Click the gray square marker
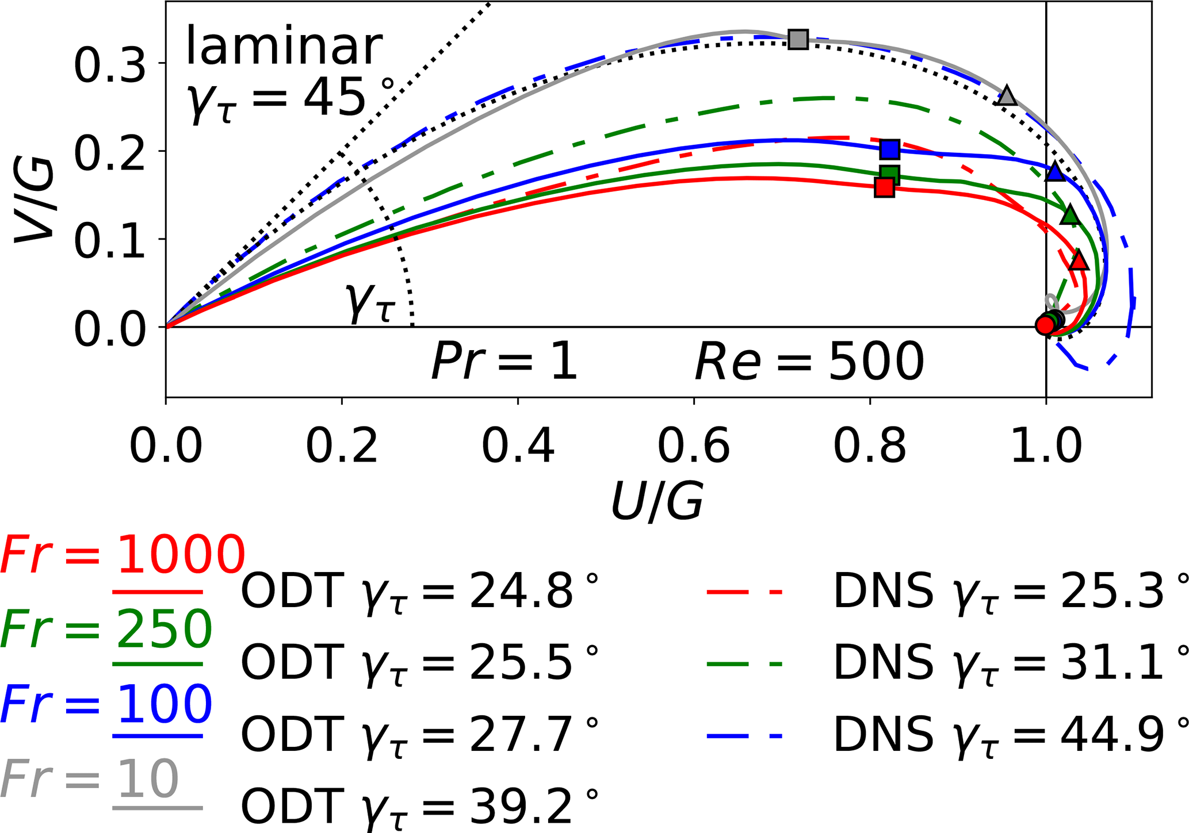(798, 40)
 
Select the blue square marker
(890, 149)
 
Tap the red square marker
(884, 187)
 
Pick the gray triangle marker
(1007, 96)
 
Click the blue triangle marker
(1055, 171)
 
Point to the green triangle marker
(1070, 215)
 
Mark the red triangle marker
(1079, 260)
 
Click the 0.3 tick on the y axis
(110, 63)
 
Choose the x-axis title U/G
(657, 501)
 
